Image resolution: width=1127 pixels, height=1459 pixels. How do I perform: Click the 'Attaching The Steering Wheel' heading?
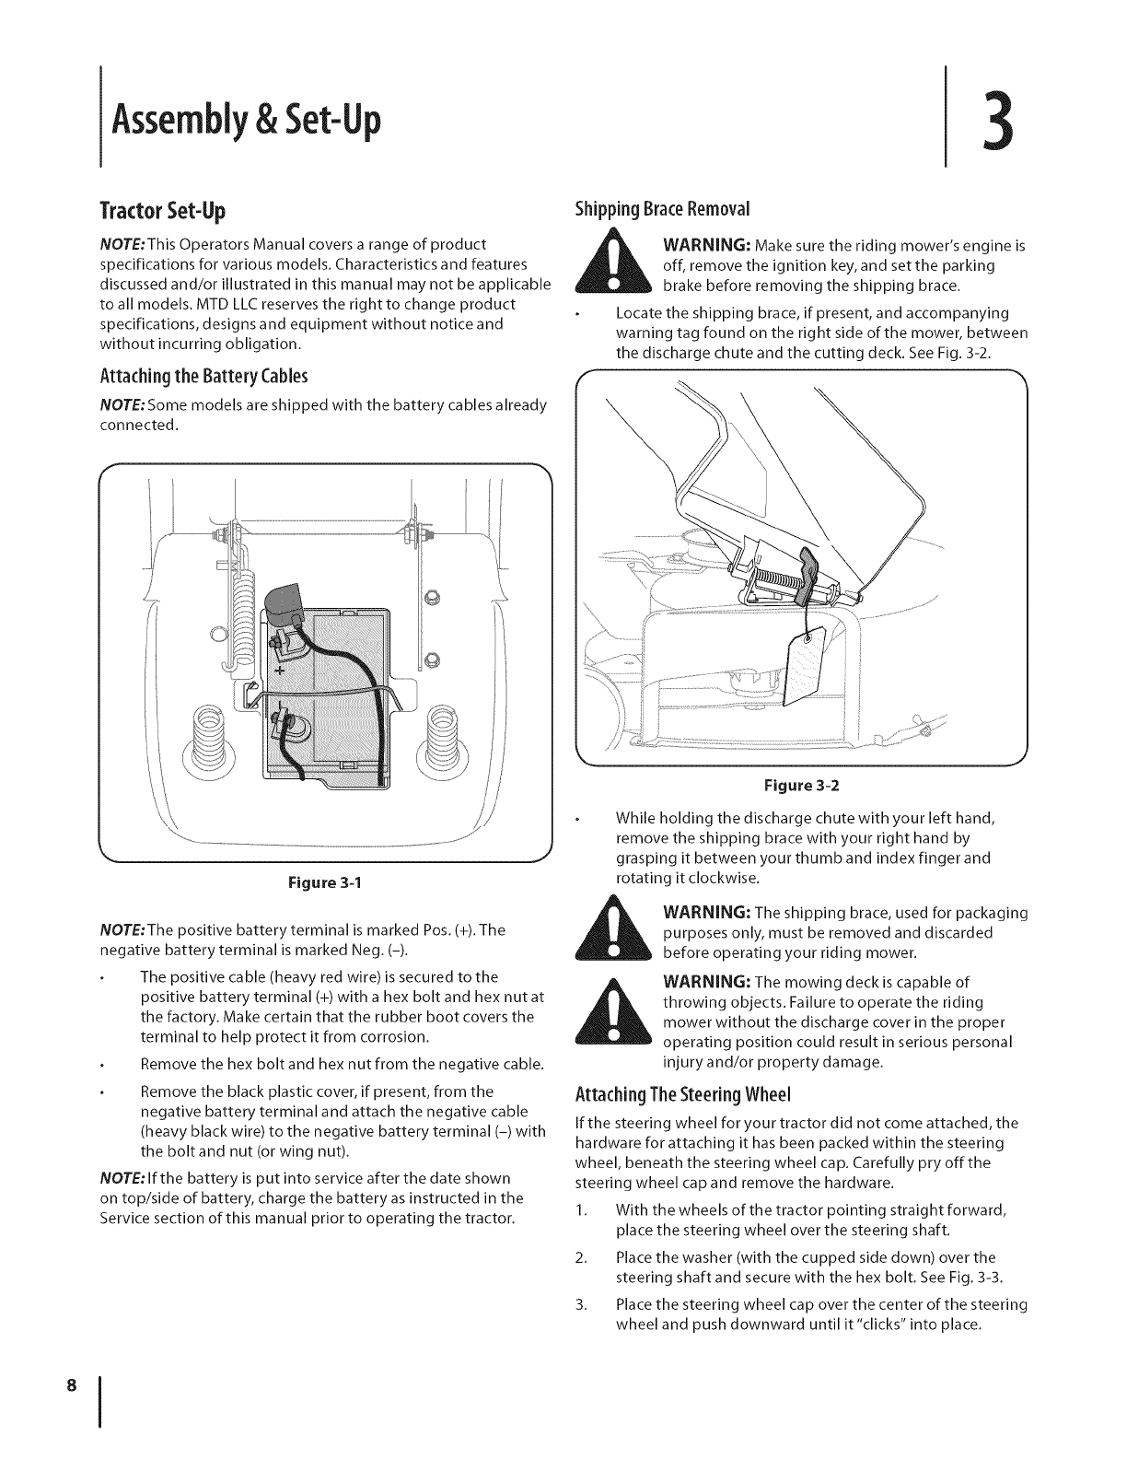(682, 1095)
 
